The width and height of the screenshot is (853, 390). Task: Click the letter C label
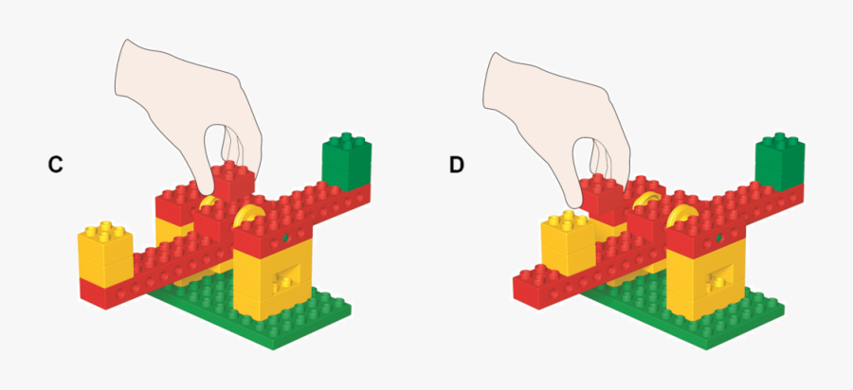pos(56,164)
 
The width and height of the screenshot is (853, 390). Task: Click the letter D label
pos(457,165)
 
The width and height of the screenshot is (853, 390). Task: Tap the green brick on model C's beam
pos(347,161)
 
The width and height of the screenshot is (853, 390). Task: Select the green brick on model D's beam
pos(780,161)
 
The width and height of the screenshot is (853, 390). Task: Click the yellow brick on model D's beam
pos(568,244)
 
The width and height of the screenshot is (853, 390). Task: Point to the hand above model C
pos(188,112)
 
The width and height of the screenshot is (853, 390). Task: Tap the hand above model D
pos(556,122)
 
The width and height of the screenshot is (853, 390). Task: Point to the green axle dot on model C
pos(285,238)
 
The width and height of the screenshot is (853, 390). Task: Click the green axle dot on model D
pos(718,238)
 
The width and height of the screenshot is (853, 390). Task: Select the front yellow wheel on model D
pos(679,216)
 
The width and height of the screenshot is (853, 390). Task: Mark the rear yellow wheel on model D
pos(647,199)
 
